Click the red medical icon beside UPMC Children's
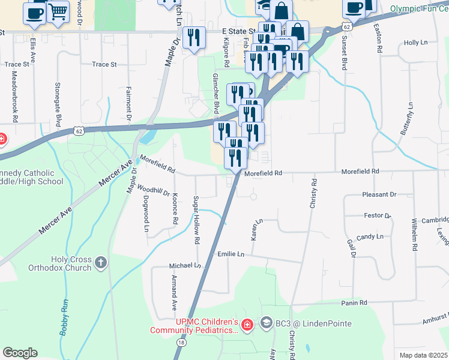click(x=246, y=325)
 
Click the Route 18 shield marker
click(x=181, y=342)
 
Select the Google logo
click(x=20, y=353)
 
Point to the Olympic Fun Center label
click(x=419, y=9)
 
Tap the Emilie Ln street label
click(x=231, y=255)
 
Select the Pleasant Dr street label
click(x=379, y=195)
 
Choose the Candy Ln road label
click(x=370, y=237)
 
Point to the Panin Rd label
click(x=354, y=303)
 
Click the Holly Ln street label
click(x=415, y=43)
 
